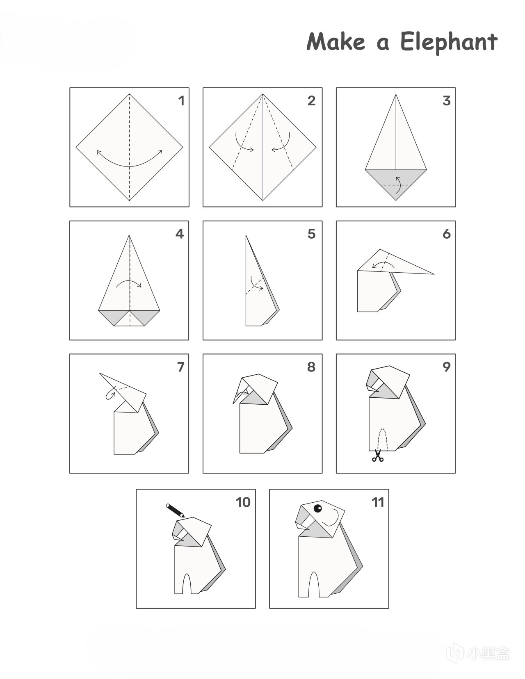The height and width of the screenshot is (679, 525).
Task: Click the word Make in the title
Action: point(336,41)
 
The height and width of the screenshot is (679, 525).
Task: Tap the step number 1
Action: point(181,101)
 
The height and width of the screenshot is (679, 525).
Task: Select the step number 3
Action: point(447,101)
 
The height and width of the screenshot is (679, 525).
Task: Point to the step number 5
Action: point(312,234)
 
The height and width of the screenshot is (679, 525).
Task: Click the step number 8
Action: point(311,367)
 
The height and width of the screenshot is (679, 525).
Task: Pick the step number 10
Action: point(243,502)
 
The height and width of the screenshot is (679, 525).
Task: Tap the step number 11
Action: point(377,502)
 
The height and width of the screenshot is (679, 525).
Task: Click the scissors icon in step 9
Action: point(377,455)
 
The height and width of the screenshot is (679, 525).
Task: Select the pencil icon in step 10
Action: point(175,510)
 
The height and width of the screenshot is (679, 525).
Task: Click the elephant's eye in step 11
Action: point(317,508)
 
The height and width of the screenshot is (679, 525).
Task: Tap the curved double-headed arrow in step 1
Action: point(129,166)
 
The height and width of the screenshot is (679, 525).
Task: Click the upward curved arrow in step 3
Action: point(398,185)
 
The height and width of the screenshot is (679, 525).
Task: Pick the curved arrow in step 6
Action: point(384,262)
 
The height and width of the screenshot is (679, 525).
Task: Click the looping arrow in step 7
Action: point(110,395)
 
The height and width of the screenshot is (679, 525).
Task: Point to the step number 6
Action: point(447,234)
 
